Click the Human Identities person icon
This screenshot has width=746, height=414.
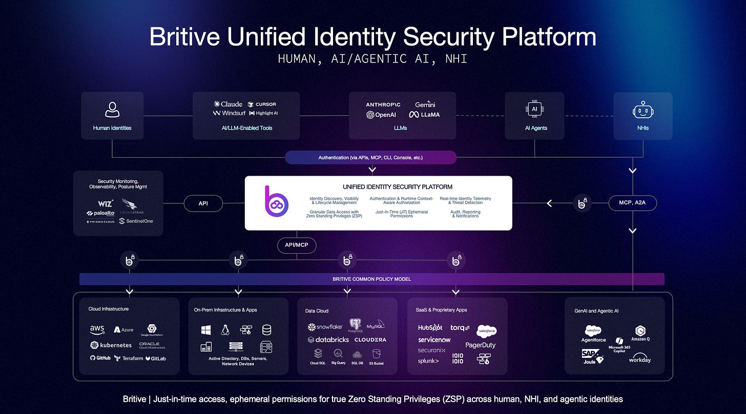(112, 109)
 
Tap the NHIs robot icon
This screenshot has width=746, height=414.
(643, 110)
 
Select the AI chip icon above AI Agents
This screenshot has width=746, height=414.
(534, 109)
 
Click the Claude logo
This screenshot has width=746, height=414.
(228, 104)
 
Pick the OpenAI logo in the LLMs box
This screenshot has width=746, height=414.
(381, 115)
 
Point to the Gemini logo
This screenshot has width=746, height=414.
(425, 104)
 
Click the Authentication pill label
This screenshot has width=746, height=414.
(370, 157)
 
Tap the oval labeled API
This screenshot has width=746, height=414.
(204, 203)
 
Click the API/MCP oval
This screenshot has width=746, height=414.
(297, 245)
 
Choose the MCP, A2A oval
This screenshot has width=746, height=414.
(633, 203)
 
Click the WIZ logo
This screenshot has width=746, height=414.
(105, 203)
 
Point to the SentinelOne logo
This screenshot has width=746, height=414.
(136, 221)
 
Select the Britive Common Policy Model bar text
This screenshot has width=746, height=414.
(371, 279)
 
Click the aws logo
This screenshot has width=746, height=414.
(97, 328)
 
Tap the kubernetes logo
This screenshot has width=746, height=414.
(111, 345)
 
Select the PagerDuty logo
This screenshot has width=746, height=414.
(480, 345)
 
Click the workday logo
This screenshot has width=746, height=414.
(639, 359)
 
